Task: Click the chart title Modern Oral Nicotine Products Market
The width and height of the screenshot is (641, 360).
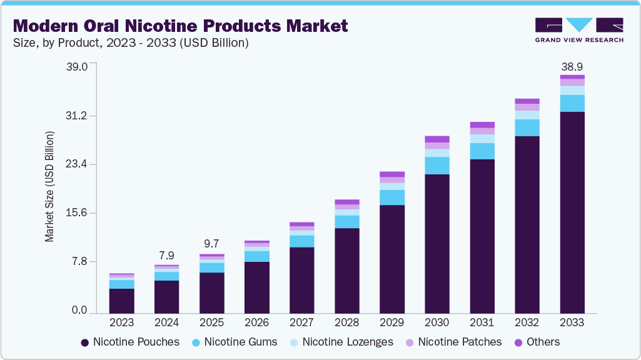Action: click(x=181, y=26)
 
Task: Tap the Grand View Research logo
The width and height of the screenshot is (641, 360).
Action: click(x=579, y=30)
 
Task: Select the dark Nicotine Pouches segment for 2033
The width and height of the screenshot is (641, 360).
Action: click(x=572, y=212)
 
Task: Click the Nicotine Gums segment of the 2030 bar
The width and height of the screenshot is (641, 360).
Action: click(x=437, y=166)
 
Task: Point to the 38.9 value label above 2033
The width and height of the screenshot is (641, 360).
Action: click(x=572, y=66)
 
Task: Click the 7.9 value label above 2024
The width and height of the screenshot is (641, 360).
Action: click(x=166, y=256)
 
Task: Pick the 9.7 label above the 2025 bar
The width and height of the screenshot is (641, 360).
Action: click(x=211, y=244)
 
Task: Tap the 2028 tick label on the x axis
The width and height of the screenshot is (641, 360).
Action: click(x=346, y=322)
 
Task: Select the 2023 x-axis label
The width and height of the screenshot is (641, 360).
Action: click(x=121, y=322)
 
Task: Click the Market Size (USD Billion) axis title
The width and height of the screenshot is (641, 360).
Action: click(x=49, y=187)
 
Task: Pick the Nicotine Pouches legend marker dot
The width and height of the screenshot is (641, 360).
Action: click(x=84, y=342)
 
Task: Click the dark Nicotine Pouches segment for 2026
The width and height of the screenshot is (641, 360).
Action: click(x=256, y=287)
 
